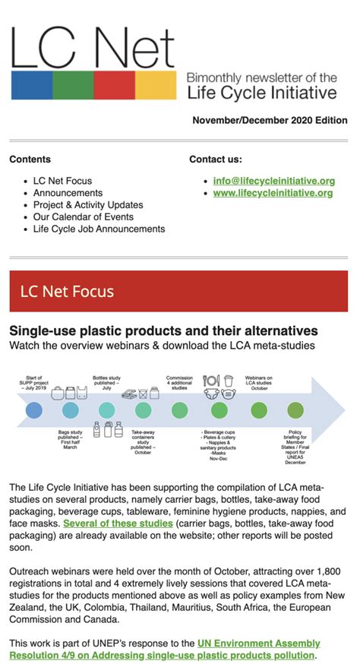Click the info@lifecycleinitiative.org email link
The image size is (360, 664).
(x=274, y=181)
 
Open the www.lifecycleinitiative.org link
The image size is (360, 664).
(x=273, y=193)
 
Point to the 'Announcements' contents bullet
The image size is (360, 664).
(x=68, y=193)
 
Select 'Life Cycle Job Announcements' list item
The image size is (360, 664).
(x=99, y=229)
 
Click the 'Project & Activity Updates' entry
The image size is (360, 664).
(x=88, y=205)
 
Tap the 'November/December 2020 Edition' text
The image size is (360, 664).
(x=270, y=121)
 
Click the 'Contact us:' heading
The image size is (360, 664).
(x=216, y=160)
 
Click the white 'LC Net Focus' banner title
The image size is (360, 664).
(x=68, y=291)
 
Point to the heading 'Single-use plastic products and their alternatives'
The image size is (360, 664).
(x=163, y=331)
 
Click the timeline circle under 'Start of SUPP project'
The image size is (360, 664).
(x=33, y=410)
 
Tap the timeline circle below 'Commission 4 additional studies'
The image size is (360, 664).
(x=179, y=410)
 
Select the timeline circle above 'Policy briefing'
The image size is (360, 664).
(x=295, y=410)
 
